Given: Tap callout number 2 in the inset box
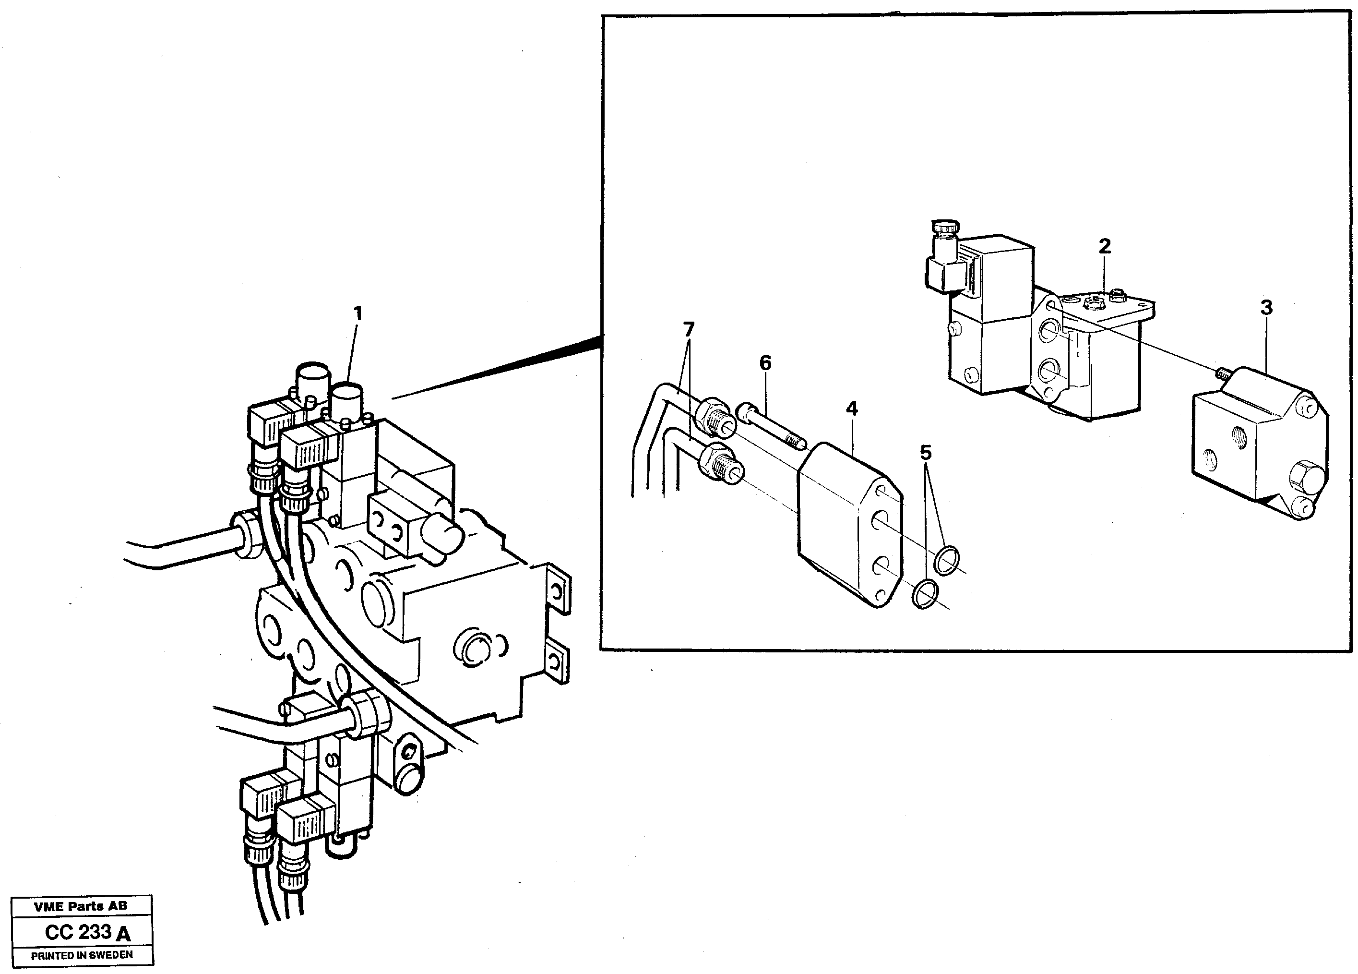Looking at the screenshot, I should [x=1104, y=246].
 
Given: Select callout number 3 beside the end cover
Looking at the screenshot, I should [x=1266, y=307].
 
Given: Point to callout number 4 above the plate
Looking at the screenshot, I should [x=851, y=409].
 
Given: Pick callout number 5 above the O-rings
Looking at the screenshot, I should [x=926, y=452].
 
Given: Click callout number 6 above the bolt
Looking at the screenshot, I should [x=765, y=362].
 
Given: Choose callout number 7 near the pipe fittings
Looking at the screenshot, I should [x=689, y=329].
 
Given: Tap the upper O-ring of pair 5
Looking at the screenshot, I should [x=947, y=560].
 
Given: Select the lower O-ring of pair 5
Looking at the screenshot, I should [x=925, y=594].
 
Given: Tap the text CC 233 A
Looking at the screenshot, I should [x=87, y=932].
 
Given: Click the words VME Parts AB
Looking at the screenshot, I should [x=81, y=906].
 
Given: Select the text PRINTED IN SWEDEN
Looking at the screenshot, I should [x=82, y=955].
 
